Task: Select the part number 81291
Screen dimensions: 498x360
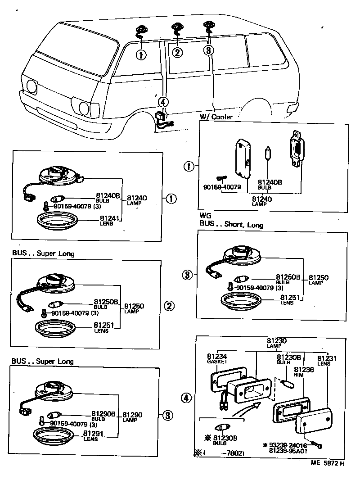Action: [x=91, y=434]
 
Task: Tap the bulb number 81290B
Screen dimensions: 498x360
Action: [x=103, y=414]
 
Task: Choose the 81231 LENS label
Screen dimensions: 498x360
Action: [x=327, y=360]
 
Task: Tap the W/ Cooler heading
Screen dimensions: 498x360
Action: [x=216, y=117]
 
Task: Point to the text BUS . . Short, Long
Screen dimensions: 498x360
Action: [x=231, y=225]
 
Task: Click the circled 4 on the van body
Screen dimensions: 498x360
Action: [x=163, y=102]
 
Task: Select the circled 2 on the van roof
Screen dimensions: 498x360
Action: [x=177, y=52]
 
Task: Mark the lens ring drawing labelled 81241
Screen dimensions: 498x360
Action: [x=58, y=222]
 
